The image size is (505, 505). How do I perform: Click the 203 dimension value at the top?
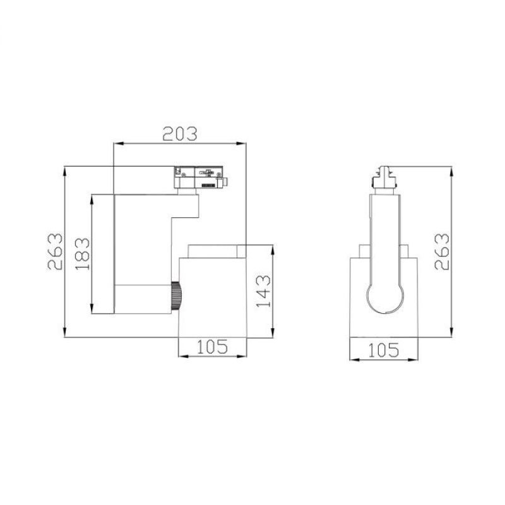pyautogui.click(x=180, y=133)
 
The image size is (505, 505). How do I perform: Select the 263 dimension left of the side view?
pyautogui.click(x=56, y=252)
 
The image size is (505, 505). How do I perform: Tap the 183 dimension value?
pyautogui.click(x=83, y=254)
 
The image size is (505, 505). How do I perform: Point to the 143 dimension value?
pyautogui.click(x=263, y=290)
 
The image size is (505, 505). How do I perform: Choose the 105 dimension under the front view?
pyautogui.click(x=384, y=349)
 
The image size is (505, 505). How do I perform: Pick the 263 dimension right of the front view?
pyautogui.click(x=443, y=252)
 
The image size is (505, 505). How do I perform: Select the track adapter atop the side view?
pyautogui.click(x=199, y=177)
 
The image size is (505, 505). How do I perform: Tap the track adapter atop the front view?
pyautogui.click(x=384, y=177)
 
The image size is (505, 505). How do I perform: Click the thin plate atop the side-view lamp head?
pyautogui.click(x=215, y=251)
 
